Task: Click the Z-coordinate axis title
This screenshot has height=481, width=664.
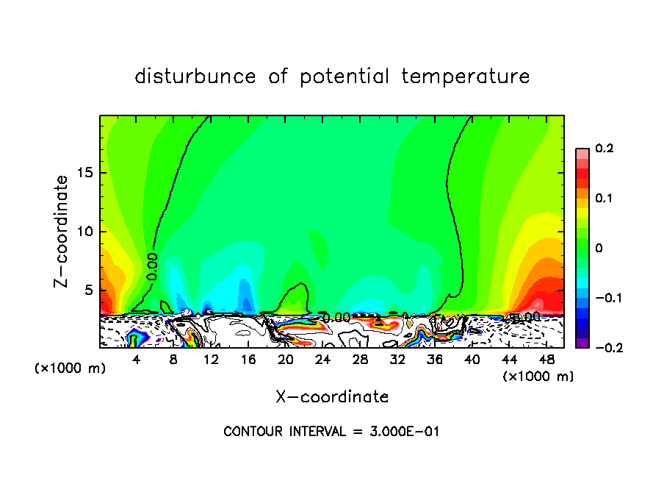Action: (62, 231)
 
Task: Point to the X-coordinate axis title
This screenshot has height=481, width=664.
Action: (332, 397)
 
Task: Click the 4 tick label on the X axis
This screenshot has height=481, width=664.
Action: (137, 360)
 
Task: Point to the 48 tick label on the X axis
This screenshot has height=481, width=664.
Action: (546, 360)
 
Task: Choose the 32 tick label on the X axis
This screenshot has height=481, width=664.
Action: (397, 360)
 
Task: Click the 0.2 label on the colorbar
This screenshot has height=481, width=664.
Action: (605, 149)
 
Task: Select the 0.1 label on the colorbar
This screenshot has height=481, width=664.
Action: (605, 199)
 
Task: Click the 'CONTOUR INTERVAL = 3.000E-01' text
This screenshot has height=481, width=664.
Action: (331, 432)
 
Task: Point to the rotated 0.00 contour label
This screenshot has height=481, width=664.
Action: (152, 266)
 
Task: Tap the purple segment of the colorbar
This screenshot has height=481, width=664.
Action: (582, 343)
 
